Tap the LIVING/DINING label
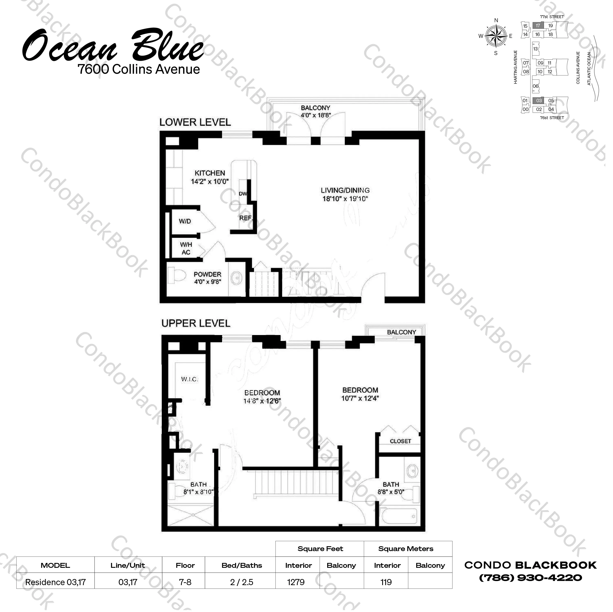pos(345,190)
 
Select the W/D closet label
pos(185,221)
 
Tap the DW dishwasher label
pos(243,193)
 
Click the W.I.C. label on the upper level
pos(190,379)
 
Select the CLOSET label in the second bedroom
pos(401,441)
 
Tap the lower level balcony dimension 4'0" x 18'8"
pos(316,115)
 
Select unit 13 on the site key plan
pos(536,49)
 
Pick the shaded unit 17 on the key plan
pos(538,26)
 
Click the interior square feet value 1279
pos(296,582)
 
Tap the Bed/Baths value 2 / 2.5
pos(242,582)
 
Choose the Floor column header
pos(185,565)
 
